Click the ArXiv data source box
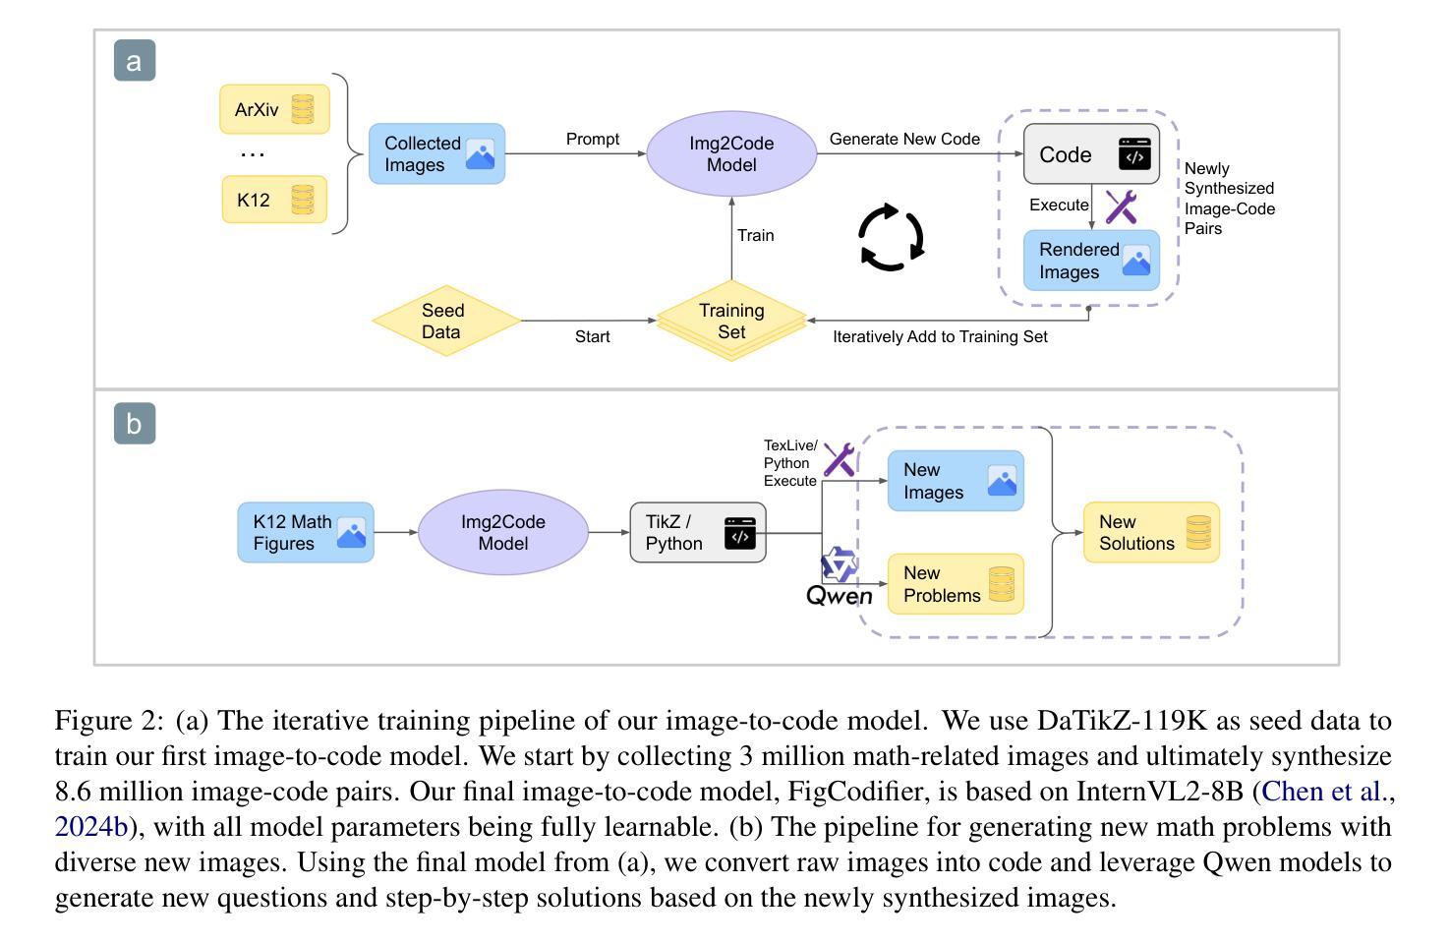274,109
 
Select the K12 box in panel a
274,200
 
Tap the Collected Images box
436,154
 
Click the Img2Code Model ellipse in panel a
731,154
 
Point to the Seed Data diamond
446,321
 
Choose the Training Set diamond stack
731,322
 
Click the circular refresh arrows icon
892,237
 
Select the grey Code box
1091,154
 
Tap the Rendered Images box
1091,261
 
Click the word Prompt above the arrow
593,140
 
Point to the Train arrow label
755,235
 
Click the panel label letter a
135,60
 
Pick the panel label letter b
135,424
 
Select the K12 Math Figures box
306,532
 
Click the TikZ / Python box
698,532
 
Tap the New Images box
956,481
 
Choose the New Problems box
956,584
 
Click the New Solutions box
1151,532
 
